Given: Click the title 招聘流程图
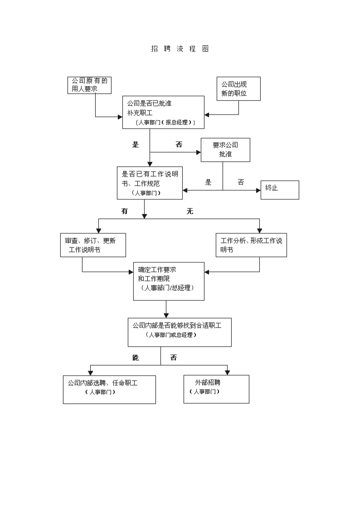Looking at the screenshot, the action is (x=180, y=48).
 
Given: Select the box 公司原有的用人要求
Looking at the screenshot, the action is (x=89, y=85).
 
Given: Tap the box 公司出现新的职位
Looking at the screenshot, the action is (x=238, y=89).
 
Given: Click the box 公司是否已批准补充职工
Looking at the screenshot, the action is (x=163, y=112).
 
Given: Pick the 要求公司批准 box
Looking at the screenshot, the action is (x=225, y=150).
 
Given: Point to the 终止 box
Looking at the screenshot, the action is (x=280, y=190).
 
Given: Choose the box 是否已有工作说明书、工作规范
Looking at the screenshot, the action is (x=150, y=183).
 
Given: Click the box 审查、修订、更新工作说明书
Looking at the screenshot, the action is (x=93, y=245).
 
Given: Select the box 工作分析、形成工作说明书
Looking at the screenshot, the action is (x=251, y=245).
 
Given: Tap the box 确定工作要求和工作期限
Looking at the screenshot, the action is (x=169, y=281).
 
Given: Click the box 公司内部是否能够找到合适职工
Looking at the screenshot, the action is (x=180, y=332).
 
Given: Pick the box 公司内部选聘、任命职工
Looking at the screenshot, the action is (x=109, y=389).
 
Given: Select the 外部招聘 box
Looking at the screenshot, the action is (x=217, y=389).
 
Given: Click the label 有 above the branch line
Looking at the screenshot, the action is (x=125, y=211).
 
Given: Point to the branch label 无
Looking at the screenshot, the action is (x=190, y=211).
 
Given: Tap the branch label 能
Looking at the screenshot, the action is (x=136, y=358).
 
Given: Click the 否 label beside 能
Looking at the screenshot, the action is (x=174, y=358).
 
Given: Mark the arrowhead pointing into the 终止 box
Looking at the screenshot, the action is (x=258, y=190).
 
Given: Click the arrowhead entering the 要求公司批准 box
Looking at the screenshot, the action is (x=199, y=152).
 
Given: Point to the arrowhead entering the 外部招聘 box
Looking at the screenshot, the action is (x=228, y=373).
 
